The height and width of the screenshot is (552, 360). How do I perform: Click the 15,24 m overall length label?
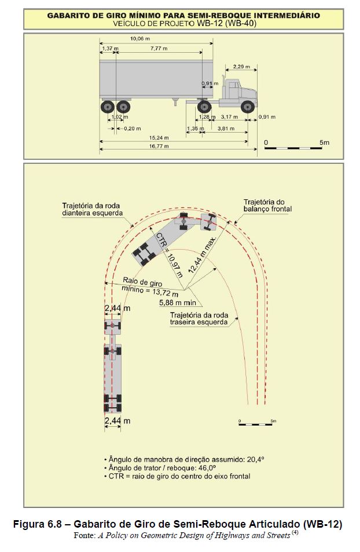pyautogui.click(x=158, y=138)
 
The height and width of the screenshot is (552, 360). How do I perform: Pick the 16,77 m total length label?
pyautogui.click(x=158, y=147)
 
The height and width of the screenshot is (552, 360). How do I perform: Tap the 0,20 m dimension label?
pyautogui.click(x=133, y=129)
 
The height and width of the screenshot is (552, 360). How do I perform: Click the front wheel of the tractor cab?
pyautogui.click(x=248, y=107)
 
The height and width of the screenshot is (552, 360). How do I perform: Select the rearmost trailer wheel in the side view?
pyautogui.click(x=107, y=107)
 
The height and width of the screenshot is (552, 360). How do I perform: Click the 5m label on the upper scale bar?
pyautogui.click(x=324, y=142)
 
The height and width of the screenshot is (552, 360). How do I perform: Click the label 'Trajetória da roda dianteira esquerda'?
pyautogui.click(x=93, y=209)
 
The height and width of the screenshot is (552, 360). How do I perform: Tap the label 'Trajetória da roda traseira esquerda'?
pyautogui.click(x=199, y=319)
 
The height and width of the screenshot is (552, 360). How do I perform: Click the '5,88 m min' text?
pyautogui.click(x=178, y=301)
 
